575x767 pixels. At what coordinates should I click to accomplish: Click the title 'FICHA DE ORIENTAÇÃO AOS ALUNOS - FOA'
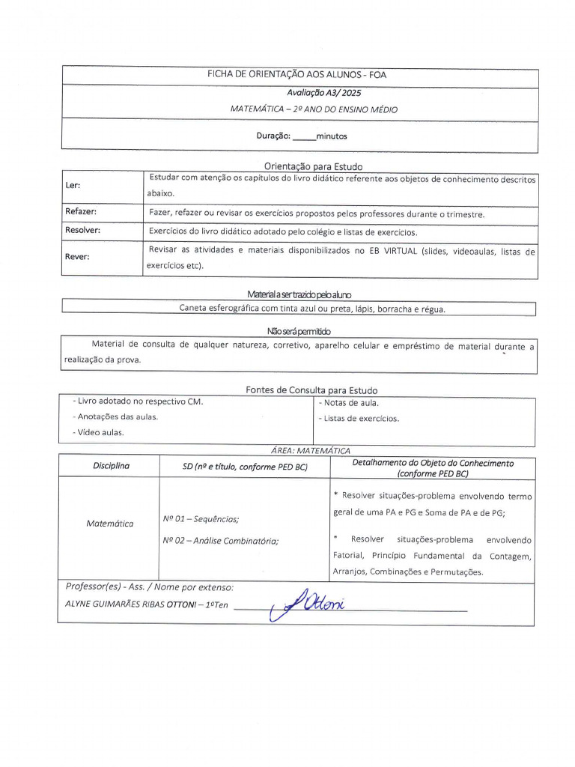(296, 75)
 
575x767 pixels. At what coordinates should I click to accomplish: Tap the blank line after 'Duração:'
(303, 137)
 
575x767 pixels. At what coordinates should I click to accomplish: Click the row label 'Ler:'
(73, 185)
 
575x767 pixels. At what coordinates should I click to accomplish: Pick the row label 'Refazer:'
(81, 212)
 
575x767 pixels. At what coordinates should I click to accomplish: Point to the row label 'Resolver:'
(82, 231)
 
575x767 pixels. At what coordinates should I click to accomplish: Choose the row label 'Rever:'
(77, 256)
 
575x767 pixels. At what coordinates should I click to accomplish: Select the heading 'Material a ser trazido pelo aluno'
(298, 294)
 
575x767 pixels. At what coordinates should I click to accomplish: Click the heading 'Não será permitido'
(299, 331)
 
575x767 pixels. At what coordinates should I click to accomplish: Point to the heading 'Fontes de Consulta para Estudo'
(311, 390)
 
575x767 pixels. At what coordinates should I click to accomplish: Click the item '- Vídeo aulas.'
(98, 432)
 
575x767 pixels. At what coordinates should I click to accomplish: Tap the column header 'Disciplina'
(111, 466)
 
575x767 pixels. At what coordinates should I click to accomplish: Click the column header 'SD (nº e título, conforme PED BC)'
(245, 467)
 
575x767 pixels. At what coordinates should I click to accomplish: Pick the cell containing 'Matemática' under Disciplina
(109, 524)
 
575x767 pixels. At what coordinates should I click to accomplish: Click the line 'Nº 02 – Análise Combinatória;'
(220, 540)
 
